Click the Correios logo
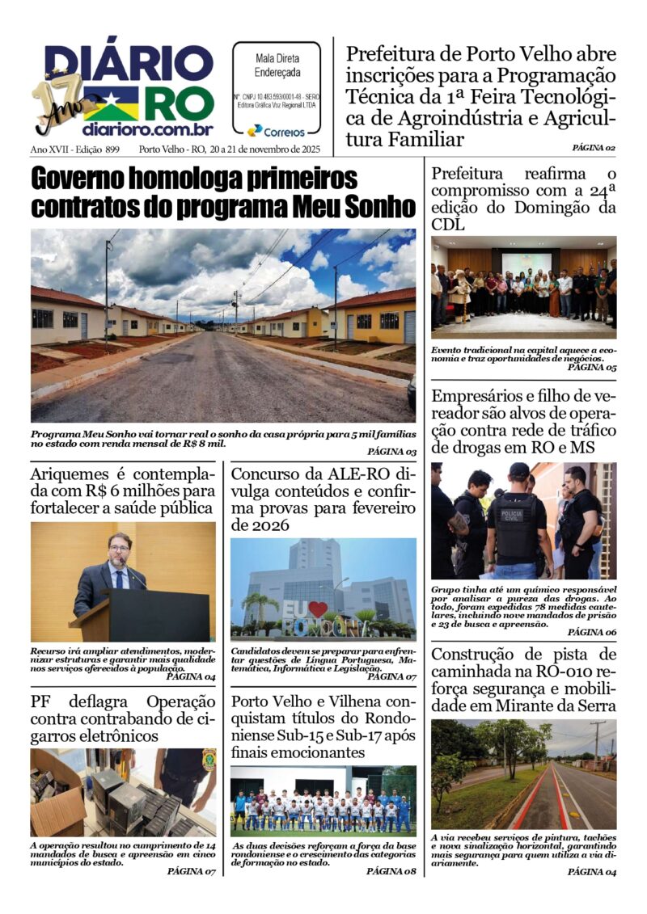pos(276,130)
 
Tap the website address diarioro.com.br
pos(147,129)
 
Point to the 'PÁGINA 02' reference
pos(593,148)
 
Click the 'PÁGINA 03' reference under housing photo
pos(392,452)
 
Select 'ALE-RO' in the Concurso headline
pos(356,473)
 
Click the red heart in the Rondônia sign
pos(316,609)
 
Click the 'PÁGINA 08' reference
pos(391,871)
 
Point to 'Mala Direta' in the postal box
pos(277,58)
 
